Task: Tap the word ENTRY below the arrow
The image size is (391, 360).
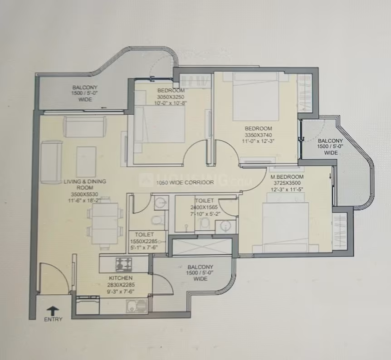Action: coord(53,319)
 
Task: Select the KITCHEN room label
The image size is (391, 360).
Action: coord(121,278)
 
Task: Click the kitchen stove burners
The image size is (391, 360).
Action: coord(123,264)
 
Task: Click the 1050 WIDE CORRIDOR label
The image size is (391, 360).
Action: coord(185,182)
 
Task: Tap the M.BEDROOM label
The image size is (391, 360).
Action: coord(287,177)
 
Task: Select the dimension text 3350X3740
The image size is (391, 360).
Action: coord(258,135)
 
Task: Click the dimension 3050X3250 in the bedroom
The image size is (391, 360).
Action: coord(171,97)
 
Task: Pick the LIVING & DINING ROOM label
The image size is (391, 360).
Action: coord(85,185)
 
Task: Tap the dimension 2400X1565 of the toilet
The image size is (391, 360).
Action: coord(204,207)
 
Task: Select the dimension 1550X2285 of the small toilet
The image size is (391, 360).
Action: coord(144,241)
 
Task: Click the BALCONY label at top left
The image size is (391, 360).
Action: coord(85,88)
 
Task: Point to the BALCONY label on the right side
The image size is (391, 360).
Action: coord(330,141)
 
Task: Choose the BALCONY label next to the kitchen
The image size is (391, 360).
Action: coord(200,267)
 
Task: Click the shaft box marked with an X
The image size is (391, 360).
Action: coord(202,247)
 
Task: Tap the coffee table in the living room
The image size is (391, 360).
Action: coord(86,161)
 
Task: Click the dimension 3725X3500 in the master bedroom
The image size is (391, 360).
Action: coord(287,183)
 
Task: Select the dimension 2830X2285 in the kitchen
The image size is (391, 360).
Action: coord(121,285)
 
